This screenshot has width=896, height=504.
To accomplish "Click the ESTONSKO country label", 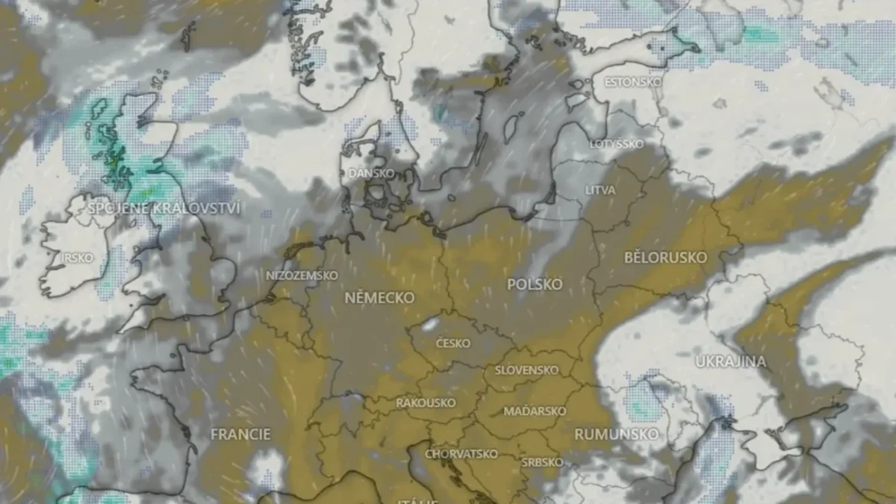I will point(632,82).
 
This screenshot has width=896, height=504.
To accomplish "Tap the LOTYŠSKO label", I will point(616,143).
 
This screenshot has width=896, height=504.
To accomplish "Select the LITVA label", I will point(600,190).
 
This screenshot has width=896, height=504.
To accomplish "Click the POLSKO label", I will point(535,284).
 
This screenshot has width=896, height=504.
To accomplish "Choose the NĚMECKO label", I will point(379,297).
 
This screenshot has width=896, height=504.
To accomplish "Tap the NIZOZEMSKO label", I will point(302,276).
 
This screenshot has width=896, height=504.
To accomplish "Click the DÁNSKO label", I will point(371,173).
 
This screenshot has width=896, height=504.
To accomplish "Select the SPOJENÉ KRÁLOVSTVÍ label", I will point(164,208).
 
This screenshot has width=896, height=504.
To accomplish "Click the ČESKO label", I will point(453,343).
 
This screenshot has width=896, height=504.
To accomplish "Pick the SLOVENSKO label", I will point(526,370).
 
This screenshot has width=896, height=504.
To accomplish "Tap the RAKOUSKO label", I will point(426,402).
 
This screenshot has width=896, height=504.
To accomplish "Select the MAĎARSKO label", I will point(535,411).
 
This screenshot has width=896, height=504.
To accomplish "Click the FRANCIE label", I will point(240,434).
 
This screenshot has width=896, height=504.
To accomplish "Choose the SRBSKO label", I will point(542,462).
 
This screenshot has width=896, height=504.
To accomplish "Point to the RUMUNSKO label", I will point(617,434).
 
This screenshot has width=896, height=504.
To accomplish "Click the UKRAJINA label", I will point(730,362).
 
